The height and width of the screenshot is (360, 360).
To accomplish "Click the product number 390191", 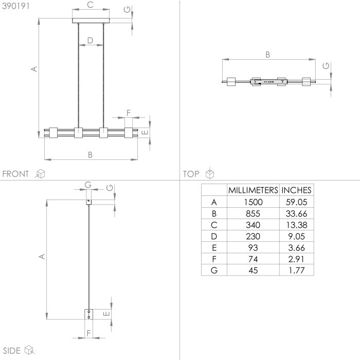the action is [16, 6].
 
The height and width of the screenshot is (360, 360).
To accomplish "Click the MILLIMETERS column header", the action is [253, 190].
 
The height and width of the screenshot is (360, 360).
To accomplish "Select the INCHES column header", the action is [296, 190].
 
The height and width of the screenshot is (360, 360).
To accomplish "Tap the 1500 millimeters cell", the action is [253, 202].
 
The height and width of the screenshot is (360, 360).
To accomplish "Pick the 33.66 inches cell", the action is [296, 213].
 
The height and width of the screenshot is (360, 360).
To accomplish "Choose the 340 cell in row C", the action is [253, 225].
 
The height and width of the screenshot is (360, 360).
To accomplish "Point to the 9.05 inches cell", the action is [296, 236].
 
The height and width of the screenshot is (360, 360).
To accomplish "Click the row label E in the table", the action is [214, 248].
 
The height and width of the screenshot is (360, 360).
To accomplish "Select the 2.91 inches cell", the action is [296, 259].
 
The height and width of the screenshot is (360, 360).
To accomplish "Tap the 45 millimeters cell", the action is [253, 270].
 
